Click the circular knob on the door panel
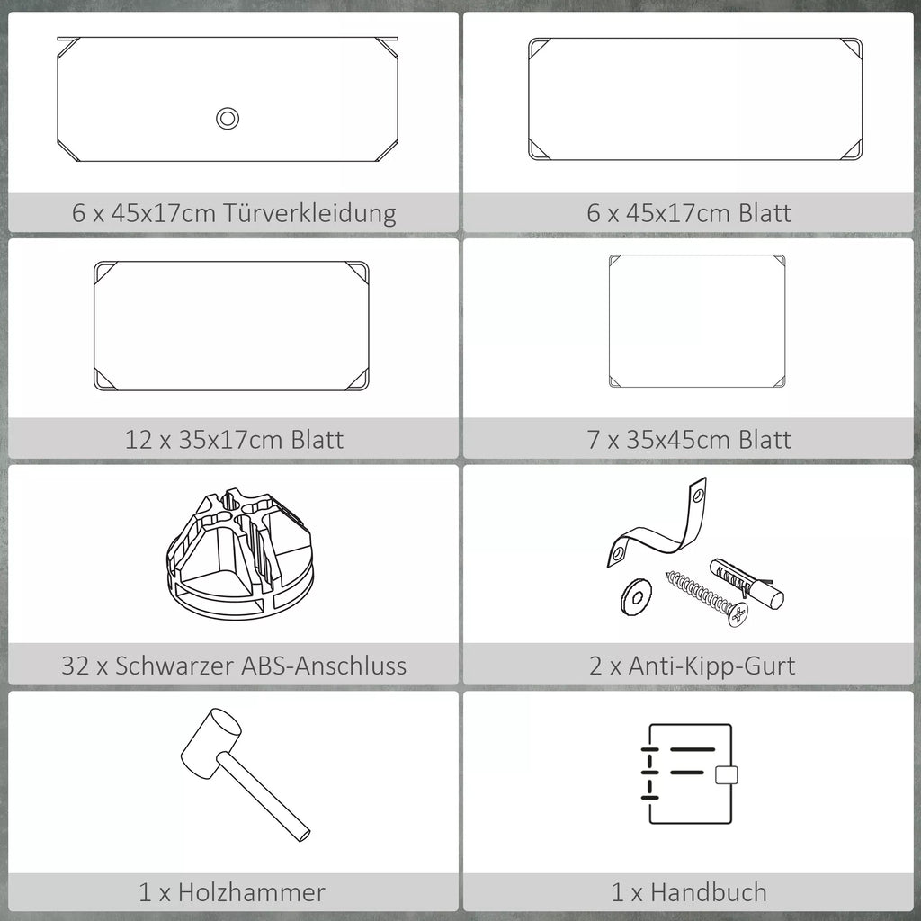click(x=228, y=118)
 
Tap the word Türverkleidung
click(x=309, y=213)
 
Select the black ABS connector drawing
click(x=240, y=554)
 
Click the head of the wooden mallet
click(x=210, y=742)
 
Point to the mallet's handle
click(x=264, y=797)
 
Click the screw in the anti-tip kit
click(x=707, y=598)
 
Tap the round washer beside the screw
click(x=636, y=597)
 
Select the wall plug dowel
click(x=747, y=583)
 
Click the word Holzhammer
click(x=252, y=892)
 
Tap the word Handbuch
click(x=709, y=892)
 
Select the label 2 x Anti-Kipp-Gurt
click(x=692, y=666)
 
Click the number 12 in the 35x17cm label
click(x=138, y=440)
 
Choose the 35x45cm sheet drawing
click(x=697, y=321)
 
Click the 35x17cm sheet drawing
click(x=231, y=326)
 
